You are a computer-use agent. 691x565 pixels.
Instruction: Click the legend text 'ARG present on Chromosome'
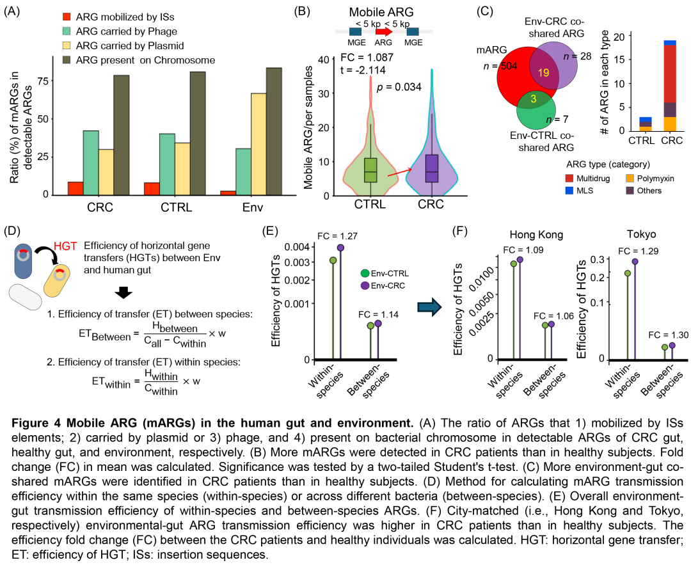[145, 60]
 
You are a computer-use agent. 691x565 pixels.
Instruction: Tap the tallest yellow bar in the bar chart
[258, 144]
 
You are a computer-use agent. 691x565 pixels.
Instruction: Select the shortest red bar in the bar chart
[228, 193]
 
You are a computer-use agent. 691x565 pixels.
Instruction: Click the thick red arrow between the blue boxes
[384, 31]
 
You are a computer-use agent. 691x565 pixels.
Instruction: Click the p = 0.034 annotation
[399, 87]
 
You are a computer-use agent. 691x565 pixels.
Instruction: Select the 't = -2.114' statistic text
[363, 70]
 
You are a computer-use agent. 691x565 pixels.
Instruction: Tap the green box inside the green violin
[370, 170]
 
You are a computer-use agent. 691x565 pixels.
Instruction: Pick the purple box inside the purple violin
[432, 168]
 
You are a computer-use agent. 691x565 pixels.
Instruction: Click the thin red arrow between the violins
[401, 170]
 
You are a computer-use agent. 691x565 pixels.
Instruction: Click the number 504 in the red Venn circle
[509, 67]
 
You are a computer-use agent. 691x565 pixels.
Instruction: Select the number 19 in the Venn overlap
[543, 73]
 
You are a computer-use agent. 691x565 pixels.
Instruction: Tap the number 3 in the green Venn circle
[534, 99]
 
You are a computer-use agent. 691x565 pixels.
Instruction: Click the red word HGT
[65, 246]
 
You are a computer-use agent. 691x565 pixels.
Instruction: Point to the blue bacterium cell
[23, 261]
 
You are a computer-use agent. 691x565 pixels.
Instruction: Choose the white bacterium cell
[26, 297]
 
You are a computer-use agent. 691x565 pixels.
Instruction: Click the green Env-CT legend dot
[365, 273]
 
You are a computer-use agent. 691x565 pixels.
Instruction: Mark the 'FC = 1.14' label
[378, 314]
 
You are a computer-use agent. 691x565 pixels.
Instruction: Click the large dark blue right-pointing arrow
[429, 307]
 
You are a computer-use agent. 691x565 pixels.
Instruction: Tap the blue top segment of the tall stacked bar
[670, 43]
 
